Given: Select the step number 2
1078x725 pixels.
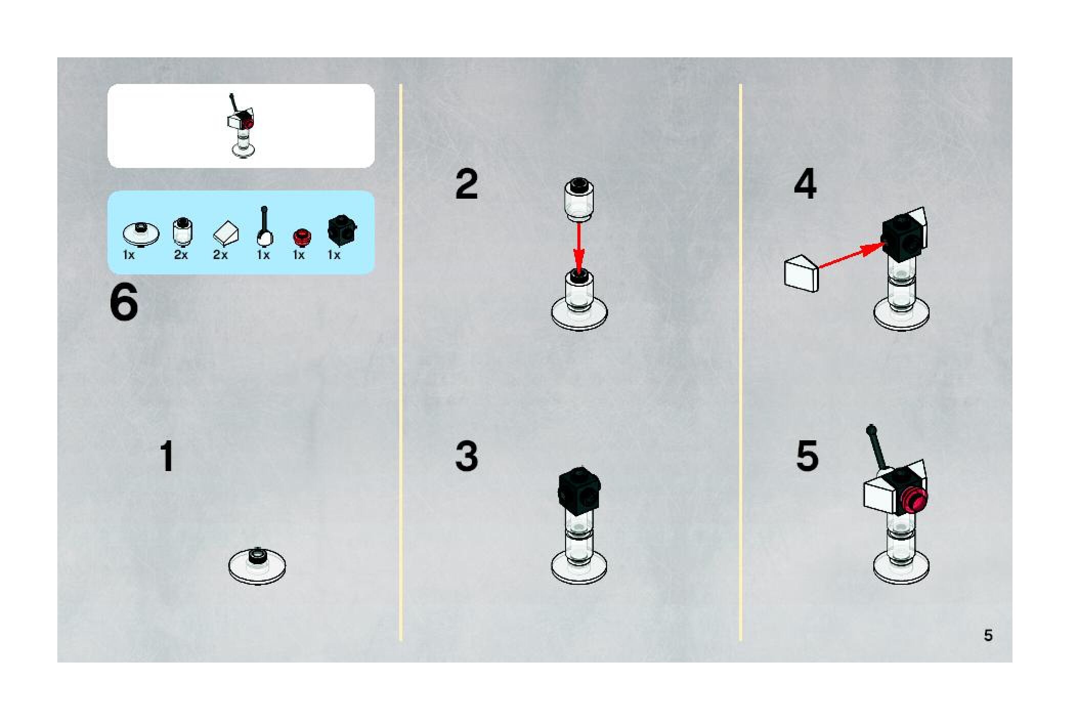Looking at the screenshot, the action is (466, 184).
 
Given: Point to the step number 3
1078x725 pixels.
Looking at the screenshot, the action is (466, 456).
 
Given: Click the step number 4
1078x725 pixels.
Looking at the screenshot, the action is (805, 184).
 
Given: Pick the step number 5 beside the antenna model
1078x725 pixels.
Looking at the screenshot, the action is (807, 456).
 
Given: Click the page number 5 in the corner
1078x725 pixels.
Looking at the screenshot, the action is (988, 635).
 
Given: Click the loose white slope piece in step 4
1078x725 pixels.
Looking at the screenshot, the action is (802, 274).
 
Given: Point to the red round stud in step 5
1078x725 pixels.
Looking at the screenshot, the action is (914, 500).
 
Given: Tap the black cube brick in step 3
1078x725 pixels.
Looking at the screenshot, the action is (579, 488).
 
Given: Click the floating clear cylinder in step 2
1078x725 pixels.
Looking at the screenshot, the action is (579, 199).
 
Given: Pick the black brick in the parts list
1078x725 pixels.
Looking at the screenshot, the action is (342, 230).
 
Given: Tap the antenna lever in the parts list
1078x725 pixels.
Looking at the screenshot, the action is (264, 226).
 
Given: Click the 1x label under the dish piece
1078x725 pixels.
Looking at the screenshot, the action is (128, 255).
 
